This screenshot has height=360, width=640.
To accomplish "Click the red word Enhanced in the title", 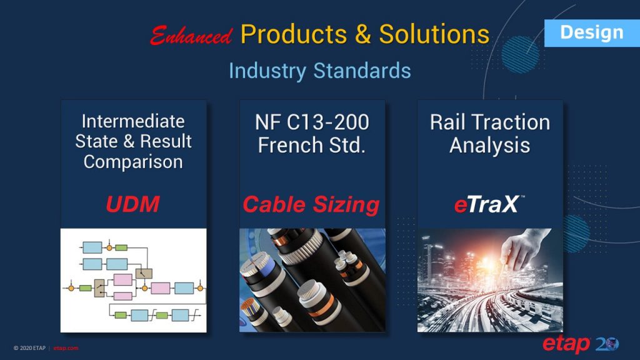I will [x=191, y=35].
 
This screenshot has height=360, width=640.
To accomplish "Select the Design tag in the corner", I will [x=591, y=32].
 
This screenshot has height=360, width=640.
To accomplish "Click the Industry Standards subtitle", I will [x=319, y=70].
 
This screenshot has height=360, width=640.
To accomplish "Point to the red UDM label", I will [x=132, y=204].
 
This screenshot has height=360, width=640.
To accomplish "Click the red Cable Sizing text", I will [x=311, y=204].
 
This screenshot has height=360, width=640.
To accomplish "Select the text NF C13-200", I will [x=312, y=122].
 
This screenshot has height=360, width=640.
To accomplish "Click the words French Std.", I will [x=312, y=145].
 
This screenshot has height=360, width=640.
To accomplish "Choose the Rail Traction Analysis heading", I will [x=489, y=134].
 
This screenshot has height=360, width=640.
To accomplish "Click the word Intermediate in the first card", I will [x=133, y=121].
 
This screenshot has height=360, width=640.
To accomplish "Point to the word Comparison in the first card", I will [x=133, y=162].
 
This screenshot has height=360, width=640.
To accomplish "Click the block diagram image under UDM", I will [x=133, y=280].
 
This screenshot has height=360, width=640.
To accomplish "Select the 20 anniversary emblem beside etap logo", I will [x=607, y=344].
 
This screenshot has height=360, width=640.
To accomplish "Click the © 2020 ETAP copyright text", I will [x=29, y=348].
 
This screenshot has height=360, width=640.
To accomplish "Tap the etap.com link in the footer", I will [x=66, y=348].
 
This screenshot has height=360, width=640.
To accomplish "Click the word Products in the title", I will [x=292, y=34].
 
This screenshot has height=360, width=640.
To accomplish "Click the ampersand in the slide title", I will [x=364, y=34].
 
